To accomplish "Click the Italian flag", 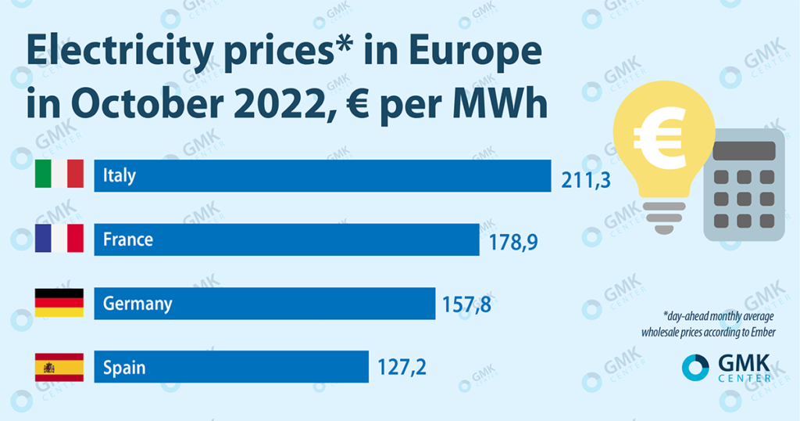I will (x=59, y=175).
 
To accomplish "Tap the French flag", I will (x=59, y=239).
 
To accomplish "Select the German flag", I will (x=59, y=303).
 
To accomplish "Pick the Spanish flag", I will (x=59, y=367).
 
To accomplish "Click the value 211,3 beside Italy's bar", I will (x=584, y=182).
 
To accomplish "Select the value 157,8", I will (x=468, y=304).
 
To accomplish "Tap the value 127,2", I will (x=402, y=366).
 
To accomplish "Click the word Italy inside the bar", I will (x=120, y=175).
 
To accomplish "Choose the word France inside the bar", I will (x=128, y=239).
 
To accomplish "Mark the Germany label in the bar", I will (x=137, y=304).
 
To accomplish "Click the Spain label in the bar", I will (x=124, y=367).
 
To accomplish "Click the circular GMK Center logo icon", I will (x=695, y=367).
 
